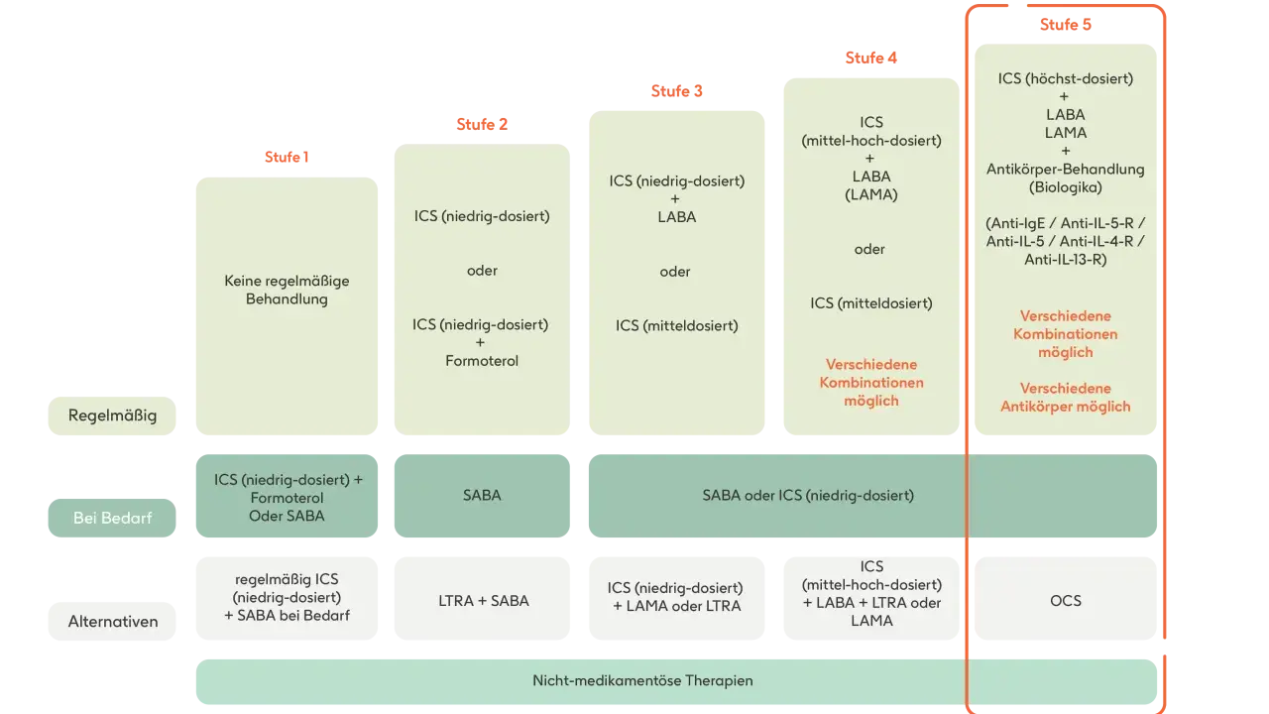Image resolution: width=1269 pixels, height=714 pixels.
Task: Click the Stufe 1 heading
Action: coord(287,157)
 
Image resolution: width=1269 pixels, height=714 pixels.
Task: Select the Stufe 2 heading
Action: coord(482,124)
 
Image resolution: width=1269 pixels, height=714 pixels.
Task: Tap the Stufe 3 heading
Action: coord(676,90)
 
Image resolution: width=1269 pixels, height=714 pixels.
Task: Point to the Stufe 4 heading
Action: coord(871,58)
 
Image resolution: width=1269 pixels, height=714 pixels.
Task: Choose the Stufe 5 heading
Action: coord(1066,25)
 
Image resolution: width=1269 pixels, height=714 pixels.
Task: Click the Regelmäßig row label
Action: coord(112,416)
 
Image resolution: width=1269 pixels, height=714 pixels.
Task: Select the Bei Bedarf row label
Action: coord(112,518)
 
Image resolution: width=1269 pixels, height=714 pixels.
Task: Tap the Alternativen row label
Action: coord(112,622)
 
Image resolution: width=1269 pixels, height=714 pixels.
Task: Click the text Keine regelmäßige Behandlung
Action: coord(287,290)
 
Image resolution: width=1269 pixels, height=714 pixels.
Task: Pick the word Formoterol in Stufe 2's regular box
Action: coord(482,361)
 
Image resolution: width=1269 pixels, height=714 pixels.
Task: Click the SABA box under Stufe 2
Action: coord(482,496)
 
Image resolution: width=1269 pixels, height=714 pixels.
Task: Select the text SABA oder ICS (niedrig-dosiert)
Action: coord(808,495)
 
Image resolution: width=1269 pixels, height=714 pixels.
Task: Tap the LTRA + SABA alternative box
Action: coord(482,599)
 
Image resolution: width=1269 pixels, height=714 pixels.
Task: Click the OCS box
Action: coord(1066,599)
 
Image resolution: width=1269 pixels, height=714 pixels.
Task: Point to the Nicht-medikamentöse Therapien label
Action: coord(642,680)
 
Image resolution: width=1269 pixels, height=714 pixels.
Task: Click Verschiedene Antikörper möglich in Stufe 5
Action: coord(1066,398)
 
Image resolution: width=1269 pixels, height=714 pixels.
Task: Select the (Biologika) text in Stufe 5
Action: coord(1066,187)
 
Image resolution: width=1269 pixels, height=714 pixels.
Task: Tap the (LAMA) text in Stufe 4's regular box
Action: coord(871,195)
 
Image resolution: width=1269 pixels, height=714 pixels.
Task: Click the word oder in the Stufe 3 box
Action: coord(675,272)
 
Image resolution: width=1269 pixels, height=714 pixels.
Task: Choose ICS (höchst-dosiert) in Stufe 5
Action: coord(1066,78)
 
